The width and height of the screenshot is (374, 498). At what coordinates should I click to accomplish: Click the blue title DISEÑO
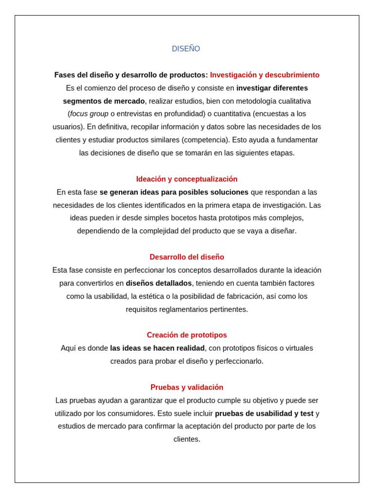[186, 49]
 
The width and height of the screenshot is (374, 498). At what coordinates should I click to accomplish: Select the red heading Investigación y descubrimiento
[264, 75]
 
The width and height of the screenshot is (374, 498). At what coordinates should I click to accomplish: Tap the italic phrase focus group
[89, 114]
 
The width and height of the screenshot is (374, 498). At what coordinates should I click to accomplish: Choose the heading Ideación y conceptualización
[187, 179]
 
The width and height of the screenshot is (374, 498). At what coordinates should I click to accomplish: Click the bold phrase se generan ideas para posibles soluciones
[174, 192]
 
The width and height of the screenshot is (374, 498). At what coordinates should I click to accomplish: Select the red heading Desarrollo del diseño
[187, 257]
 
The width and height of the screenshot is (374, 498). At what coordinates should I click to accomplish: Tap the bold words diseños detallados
[159, 283]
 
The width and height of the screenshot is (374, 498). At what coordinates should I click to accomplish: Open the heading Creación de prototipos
[187, 335]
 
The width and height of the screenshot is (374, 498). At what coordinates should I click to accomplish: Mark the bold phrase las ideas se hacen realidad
[157, 348]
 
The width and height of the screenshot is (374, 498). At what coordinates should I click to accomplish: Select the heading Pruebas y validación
[187, 388]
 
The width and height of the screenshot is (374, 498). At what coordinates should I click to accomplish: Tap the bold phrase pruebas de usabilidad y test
[264, 413]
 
